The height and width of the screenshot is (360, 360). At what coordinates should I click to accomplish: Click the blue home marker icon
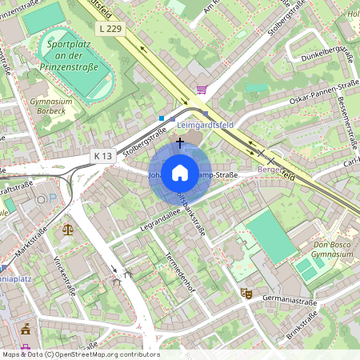click(180, 173)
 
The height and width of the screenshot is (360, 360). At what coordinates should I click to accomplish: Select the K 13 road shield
click(102, 155)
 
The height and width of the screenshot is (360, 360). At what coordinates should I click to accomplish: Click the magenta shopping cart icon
click(202, 90)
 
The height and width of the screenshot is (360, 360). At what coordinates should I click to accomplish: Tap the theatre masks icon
click(246, 294)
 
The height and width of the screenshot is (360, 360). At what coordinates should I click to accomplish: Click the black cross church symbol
click(180, 142)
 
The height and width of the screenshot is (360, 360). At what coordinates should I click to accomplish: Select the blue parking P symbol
click(52, 197)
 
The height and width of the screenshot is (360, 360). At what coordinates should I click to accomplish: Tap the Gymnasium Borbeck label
click(50, 107)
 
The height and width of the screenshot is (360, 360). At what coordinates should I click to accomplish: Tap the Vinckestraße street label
click(65, 275)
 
